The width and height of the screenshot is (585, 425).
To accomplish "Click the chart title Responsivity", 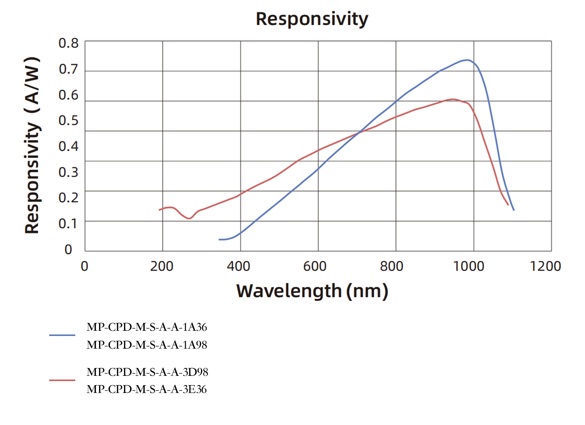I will click(x=312, y=19).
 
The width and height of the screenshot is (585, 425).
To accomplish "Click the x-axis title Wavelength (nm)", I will click(x=312, y=291).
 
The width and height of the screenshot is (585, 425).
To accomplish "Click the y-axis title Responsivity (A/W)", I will click(x=32, y=146).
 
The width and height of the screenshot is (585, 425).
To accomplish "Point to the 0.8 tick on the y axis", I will click(x=69, y=44).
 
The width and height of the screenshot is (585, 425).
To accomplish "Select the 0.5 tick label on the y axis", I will click(x=69, y=121).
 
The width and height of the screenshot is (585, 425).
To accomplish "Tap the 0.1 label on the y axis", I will click(x=69, y=223).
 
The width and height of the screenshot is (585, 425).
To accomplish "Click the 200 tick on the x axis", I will click(x=162, y=266).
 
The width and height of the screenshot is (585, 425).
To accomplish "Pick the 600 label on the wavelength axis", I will click(x=315, y=266).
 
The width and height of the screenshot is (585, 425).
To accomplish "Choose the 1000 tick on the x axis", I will click(x=468, y=266).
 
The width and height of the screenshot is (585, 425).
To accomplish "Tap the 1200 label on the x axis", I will click(x=545, y=266).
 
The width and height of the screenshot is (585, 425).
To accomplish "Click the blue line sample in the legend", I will click(x=62, y=335).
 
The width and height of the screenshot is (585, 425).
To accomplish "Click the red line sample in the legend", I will click(x=62, y=380).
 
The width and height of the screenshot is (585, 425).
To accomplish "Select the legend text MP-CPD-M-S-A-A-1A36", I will click(x=147, y=327).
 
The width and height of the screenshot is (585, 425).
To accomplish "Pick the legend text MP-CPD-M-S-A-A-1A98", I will click(x=147, y=345).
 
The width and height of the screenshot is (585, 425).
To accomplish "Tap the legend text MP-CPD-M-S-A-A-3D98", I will click(x=147, y=372).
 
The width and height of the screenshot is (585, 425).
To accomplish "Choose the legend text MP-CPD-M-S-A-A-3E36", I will click(x=147, y=389).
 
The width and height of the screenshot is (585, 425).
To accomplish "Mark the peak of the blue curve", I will click(x=467, y=60).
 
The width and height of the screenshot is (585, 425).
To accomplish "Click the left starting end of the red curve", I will click(x=160, y=210).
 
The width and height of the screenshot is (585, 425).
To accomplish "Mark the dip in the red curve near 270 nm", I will click(x=189, y=218).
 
